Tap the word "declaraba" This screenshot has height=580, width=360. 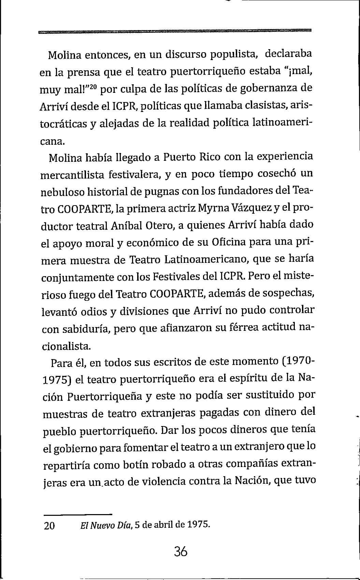(x=288, y=54)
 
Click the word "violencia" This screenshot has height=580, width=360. (x=160, y=482)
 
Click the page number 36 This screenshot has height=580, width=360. (x=180, y=552)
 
